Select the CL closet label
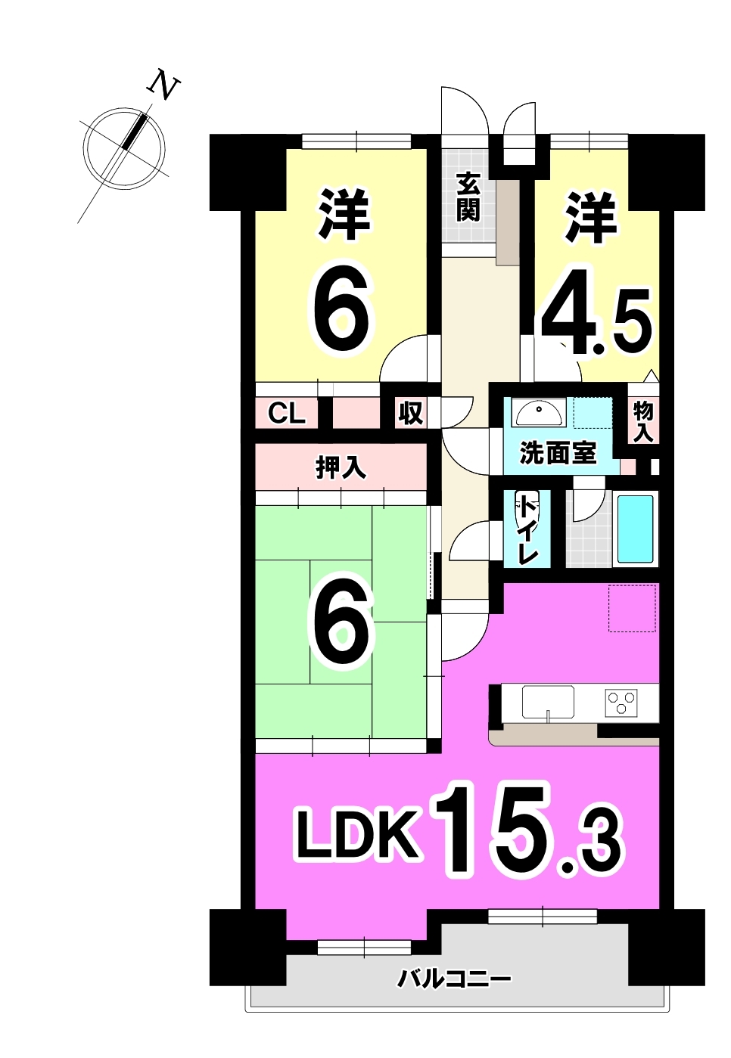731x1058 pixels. pyautogui.click(x=286, y=414)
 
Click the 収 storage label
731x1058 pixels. pyautogui.click(x=409, y=413)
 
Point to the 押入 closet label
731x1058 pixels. pyautogui.click(x=341, y=468)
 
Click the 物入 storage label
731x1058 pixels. pyautogui.click(x=643, y=422)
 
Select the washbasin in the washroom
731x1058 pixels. pyautogui.click(x=538, y=414)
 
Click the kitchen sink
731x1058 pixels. pyautogui.click(x=548, y=702)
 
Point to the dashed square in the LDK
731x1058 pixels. pyautogui.click(x=632, y=608)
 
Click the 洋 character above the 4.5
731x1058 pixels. pyautogui.click(x=593, y=218)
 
